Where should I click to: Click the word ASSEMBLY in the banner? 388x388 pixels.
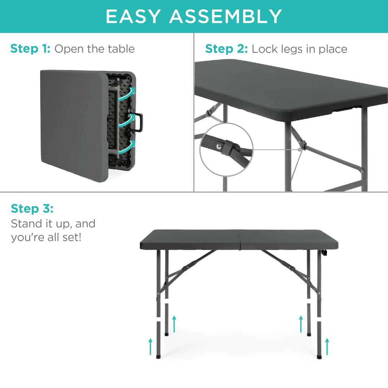click(x=225, y=16)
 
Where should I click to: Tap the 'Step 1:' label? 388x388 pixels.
click(x=30, y=49)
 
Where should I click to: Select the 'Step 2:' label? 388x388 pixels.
click(x=227, y=49)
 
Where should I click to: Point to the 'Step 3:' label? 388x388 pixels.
click(x=32, y=209)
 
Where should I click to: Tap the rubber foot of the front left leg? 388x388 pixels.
click(x=158, y=356)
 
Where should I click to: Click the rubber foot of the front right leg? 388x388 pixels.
click(x=319, y=356)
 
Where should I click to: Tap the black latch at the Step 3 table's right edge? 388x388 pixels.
click(x=324, y=253)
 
